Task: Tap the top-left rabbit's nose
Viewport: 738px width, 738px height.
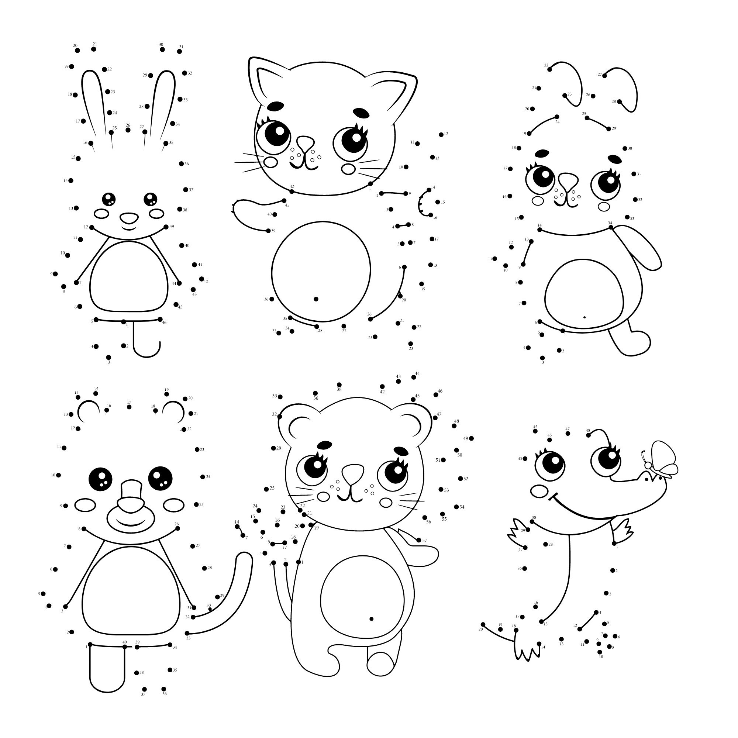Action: [x=129, y=218]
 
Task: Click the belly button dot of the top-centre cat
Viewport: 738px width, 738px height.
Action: [x=316, y=299]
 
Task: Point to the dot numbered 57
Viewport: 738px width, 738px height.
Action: [x=419, y=540]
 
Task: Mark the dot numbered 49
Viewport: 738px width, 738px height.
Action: [x=471, y=438]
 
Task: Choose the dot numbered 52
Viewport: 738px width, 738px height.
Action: [x=460, y=479]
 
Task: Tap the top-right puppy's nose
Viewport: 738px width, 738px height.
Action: [x=569, y=181]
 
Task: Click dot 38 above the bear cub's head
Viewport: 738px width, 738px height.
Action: [x=339, y=384]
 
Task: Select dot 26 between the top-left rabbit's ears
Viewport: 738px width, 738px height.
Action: [x=128, y=130]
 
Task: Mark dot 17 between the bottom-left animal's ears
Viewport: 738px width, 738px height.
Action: [x=129, y=407]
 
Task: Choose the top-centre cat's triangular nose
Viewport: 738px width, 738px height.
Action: [x=305, y=143]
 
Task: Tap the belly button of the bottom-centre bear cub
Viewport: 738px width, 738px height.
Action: [x=371, y=619]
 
